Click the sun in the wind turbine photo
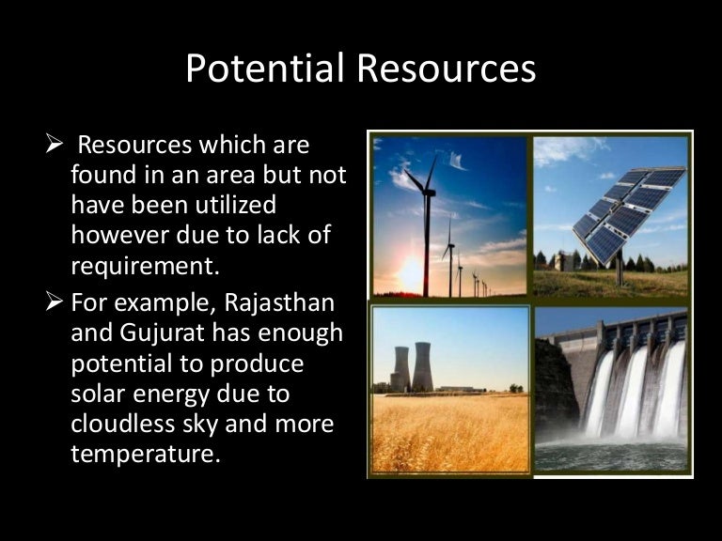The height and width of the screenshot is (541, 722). (411, 274)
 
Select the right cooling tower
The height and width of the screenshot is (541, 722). (422, 364)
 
